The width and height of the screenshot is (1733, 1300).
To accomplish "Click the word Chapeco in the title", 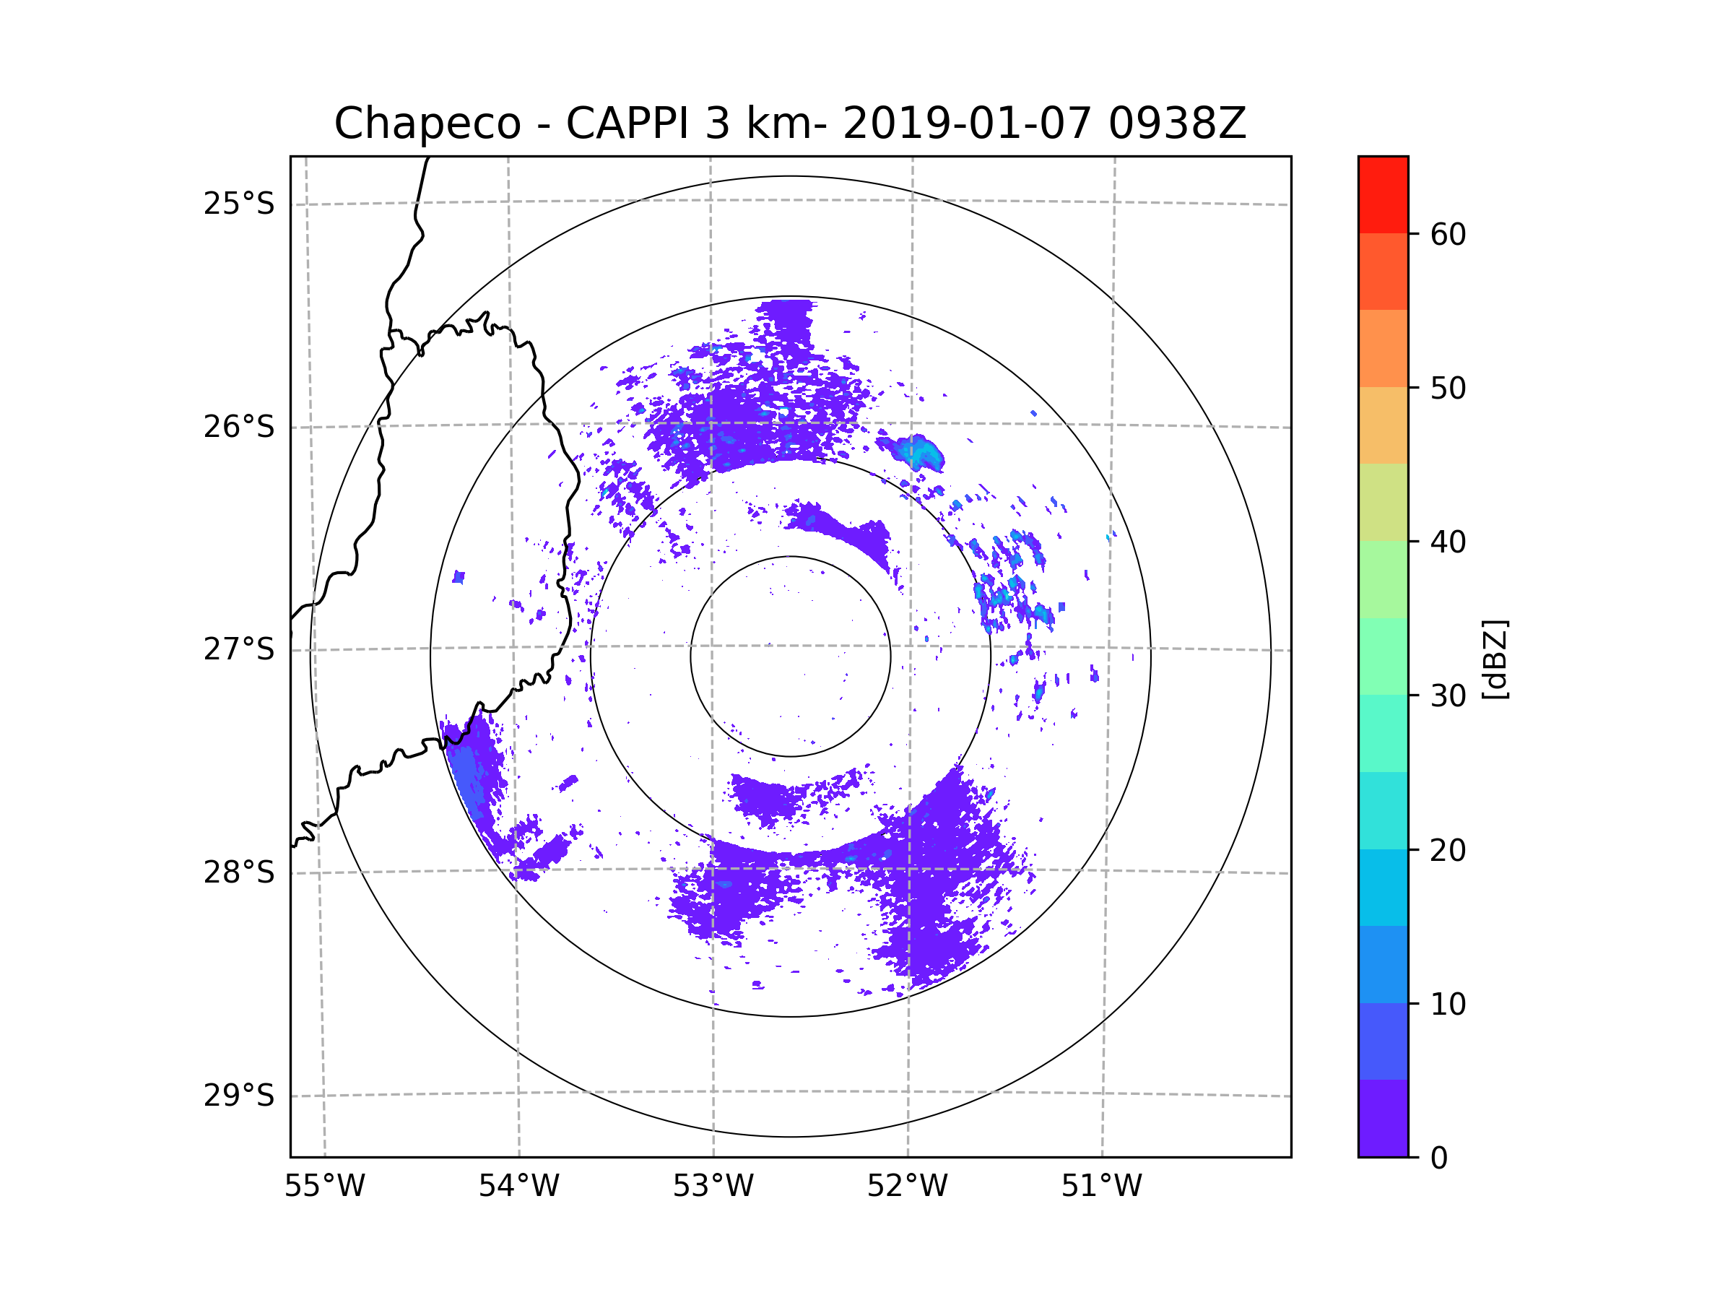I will (427, 123).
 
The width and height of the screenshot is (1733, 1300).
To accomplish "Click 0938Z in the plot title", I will (1176, 123).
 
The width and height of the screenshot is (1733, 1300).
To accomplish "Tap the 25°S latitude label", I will (239, 204).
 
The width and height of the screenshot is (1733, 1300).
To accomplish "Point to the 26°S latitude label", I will (239, 427).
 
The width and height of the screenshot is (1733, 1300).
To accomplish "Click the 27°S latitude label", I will (239, 649).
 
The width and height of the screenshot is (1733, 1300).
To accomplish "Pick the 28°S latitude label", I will (239, 872).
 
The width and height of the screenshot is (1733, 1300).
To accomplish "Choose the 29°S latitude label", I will (239, 1096).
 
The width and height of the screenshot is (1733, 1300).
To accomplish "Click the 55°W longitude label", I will (324, 1187).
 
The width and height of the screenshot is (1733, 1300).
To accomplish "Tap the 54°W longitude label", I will (518, 1187).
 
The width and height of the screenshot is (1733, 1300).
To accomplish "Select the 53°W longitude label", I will (713, 1187).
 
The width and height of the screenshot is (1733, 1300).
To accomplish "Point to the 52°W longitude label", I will (907, 1187).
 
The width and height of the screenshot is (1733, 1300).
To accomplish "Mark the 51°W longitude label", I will (1101, 1187).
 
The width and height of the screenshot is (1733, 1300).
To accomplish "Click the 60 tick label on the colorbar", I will (1448, 234).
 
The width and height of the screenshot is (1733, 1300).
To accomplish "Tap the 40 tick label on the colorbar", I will (1448, 542).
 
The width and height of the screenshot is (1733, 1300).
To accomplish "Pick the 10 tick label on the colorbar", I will (1448, 1004).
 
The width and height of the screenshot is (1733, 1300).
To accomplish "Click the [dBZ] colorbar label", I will (1495, 659).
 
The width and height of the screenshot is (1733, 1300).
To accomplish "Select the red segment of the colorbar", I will (1383, 194).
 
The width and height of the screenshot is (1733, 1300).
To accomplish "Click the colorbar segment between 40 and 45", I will (1383, 502).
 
